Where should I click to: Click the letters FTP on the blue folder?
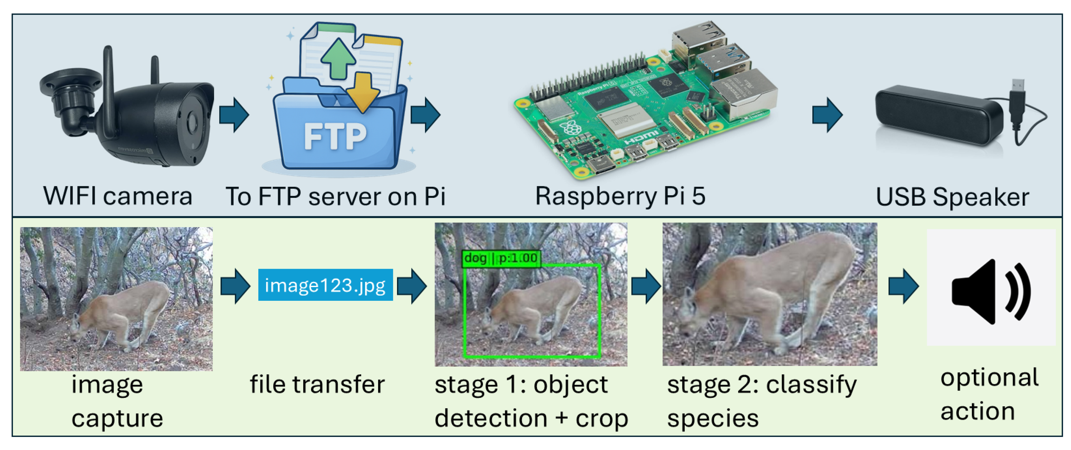click(335, 136)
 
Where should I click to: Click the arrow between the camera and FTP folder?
click(234, 115)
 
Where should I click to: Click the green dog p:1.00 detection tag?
click(501, 258)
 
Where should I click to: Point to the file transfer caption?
click(317, 384)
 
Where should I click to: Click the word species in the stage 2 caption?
click(713, 418)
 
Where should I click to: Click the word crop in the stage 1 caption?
click(601, 418)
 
